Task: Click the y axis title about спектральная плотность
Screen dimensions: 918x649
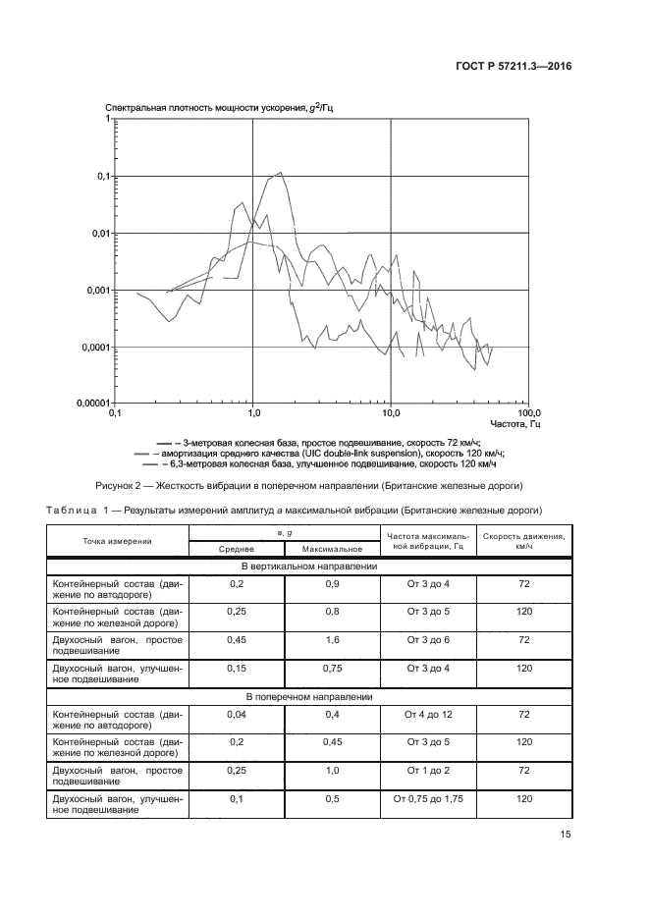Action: [218, 107]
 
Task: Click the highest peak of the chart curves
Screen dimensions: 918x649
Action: [281, 174]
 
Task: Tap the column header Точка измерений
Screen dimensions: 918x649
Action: [117, 541]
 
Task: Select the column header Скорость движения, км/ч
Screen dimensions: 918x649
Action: [523, 541]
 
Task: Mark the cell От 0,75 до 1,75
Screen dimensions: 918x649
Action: [428, 800]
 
